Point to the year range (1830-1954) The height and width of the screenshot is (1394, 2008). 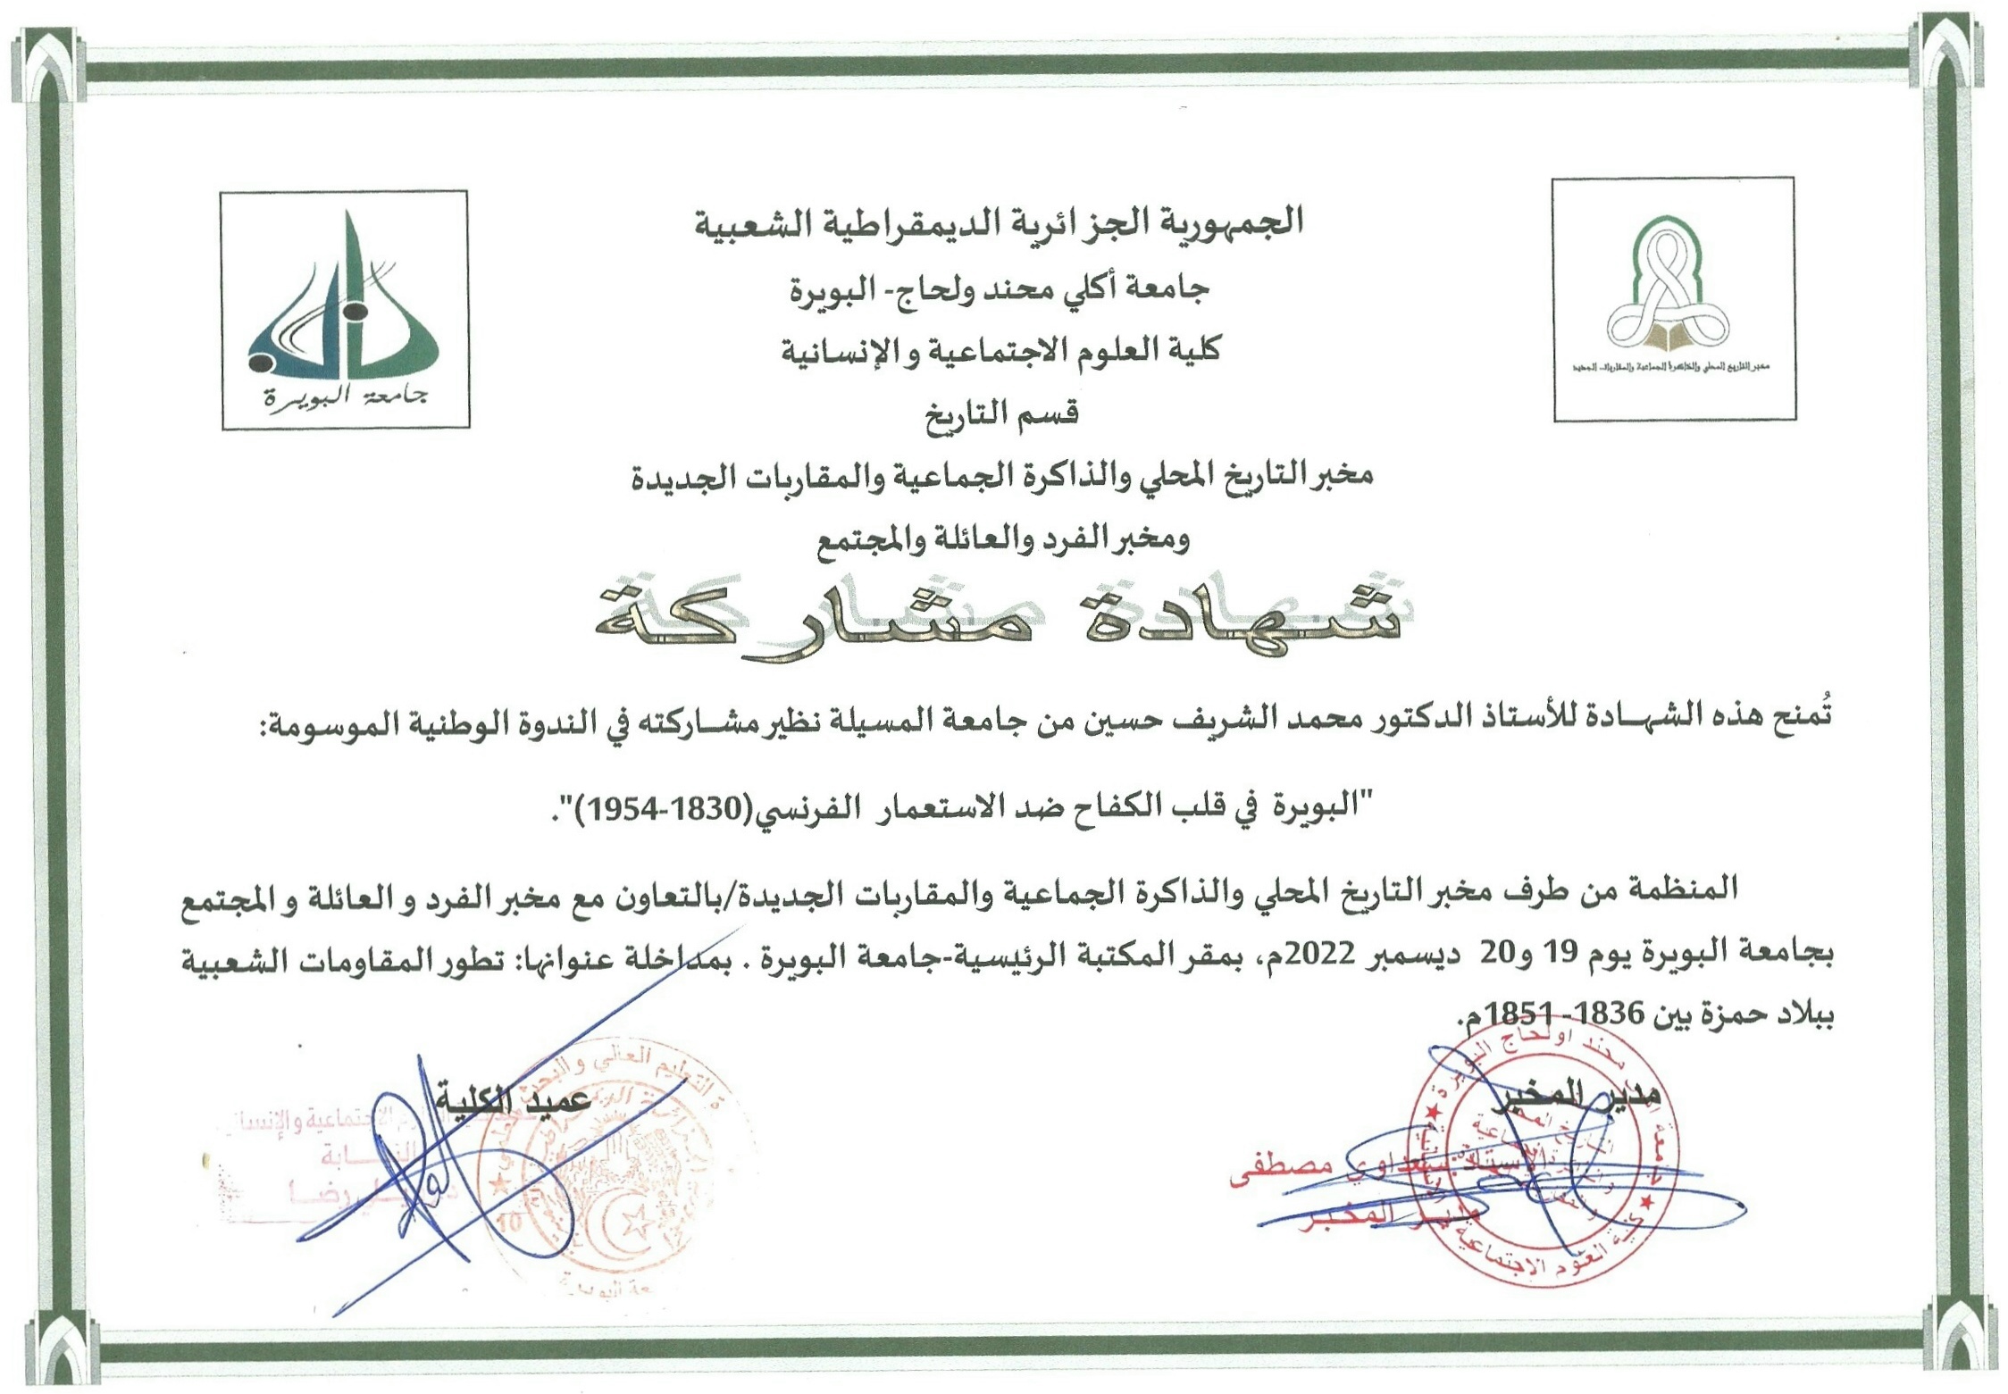point(664,808)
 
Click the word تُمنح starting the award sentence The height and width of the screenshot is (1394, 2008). point(1799,716)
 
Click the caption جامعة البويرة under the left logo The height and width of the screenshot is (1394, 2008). point(345,396)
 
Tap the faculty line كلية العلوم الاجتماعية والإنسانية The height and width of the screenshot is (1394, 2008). point(1000,350)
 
